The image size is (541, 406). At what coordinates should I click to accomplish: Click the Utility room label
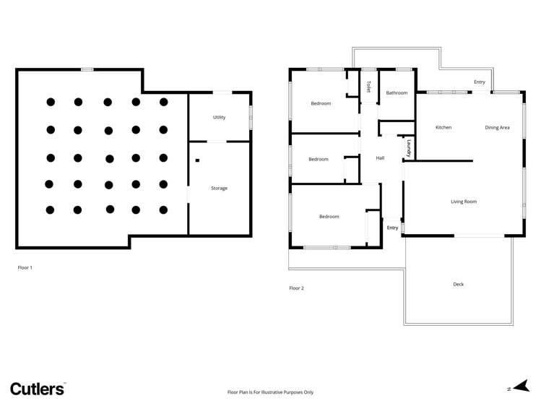[x=219, y=117]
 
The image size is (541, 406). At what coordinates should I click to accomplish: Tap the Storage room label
[x=219, y=189]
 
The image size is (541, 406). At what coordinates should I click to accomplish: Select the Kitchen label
[x=443, y=128]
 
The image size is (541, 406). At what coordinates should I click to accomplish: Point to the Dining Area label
[x=497, y=128]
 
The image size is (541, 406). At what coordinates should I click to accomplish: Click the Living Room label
[x=464, y=202]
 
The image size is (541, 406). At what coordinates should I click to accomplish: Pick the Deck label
[x=459, y=285]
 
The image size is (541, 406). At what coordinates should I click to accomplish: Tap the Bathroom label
[x=397, y=93]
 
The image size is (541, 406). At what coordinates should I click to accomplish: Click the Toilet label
[x=368, y=87]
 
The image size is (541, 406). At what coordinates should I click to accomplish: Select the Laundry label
[x=409, y=148]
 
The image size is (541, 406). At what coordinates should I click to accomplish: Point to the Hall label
[x=380, y=158]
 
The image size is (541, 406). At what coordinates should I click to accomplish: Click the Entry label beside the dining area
[x=480, y=82]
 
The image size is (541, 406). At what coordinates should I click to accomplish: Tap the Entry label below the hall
[x=392, y=228]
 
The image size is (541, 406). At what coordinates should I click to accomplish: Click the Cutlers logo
[x=38, y=389]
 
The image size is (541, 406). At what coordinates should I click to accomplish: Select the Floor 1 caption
[x=25, y=267]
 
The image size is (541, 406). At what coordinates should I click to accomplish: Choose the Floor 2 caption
[x=297, y=288]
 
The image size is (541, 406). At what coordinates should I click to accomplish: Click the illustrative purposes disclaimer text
[x=270, y=392]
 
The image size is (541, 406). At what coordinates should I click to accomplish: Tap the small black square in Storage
[x=197, y=160]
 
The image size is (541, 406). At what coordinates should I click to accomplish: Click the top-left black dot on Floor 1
[x=51, y=102]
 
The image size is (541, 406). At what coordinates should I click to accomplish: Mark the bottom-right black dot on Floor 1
[x=163, y=210]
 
